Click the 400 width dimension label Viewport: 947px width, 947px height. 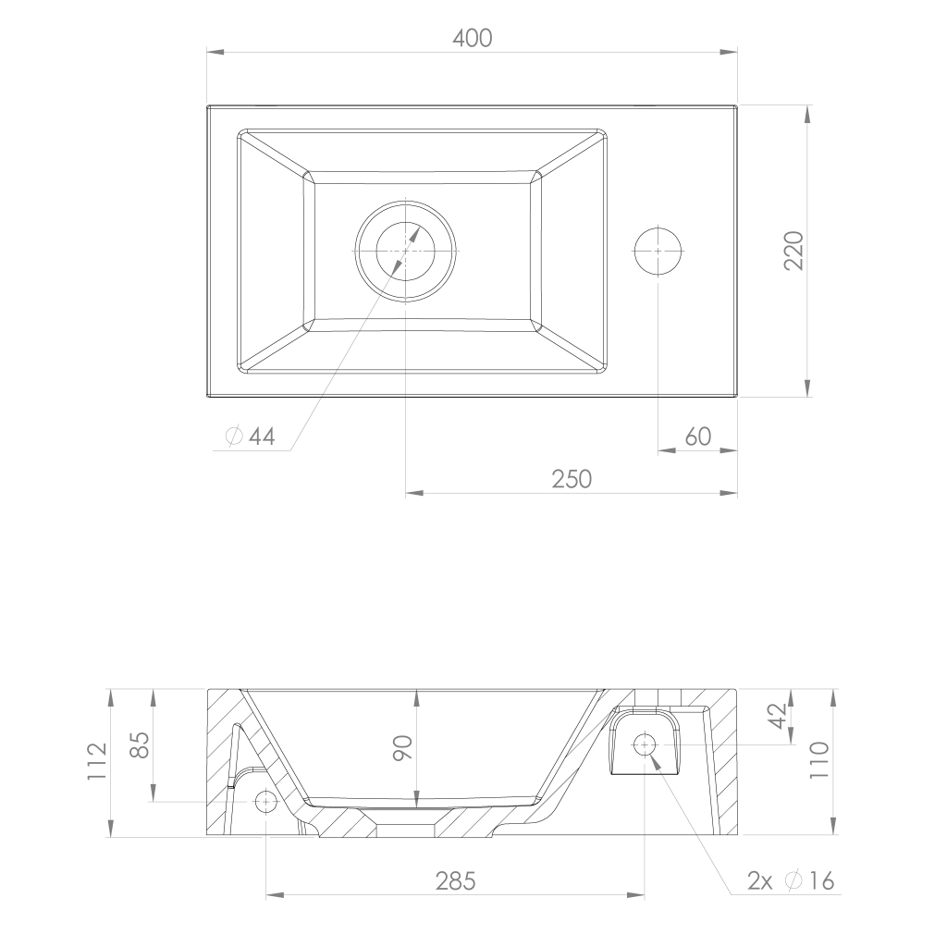473,38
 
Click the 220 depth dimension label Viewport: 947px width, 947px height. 793,251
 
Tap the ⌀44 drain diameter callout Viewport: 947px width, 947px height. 250,437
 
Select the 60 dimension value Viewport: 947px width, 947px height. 698,437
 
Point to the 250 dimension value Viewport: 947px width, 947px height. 572,479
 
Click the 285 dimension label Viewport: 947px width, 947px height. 455,881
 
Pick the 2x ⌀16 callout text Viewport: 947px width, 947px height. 792,881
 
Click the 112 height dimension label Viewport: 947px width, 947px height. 97,761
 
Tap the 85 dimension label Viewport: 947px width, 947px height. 140,745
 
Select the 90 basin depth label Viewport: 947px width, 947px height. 402,747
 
